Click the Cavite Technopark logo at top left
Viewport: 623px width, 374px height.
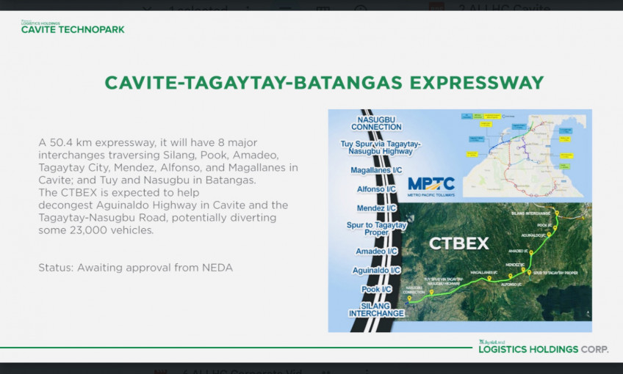click(72, 28)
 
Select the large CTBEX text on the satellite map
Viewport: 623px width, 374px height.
click(459, 243)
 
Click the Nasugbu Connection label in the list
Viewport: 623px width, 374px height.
click(376, 122)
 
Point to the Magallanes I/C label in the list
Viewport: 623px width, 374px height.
click(377, 169)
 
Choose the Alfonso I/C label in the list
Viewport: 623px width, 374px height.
click(378, 189)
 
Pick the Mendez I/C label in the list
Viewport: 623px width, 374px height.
click(378, 208)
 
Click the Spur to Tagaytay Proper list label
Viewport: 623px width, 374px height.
click(378, 229)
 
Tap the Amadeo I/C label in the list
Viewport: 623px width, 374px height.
click(377, 251)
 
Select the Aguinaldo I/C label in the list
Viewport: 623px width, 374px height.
click(377, 270)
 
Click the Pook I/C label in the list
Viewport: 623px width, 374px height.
click(377, 289)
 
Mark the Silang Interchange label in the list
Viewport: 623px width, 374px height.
click(377, 309)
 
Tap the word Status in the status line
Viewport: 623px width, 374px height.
click(55, 268)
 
